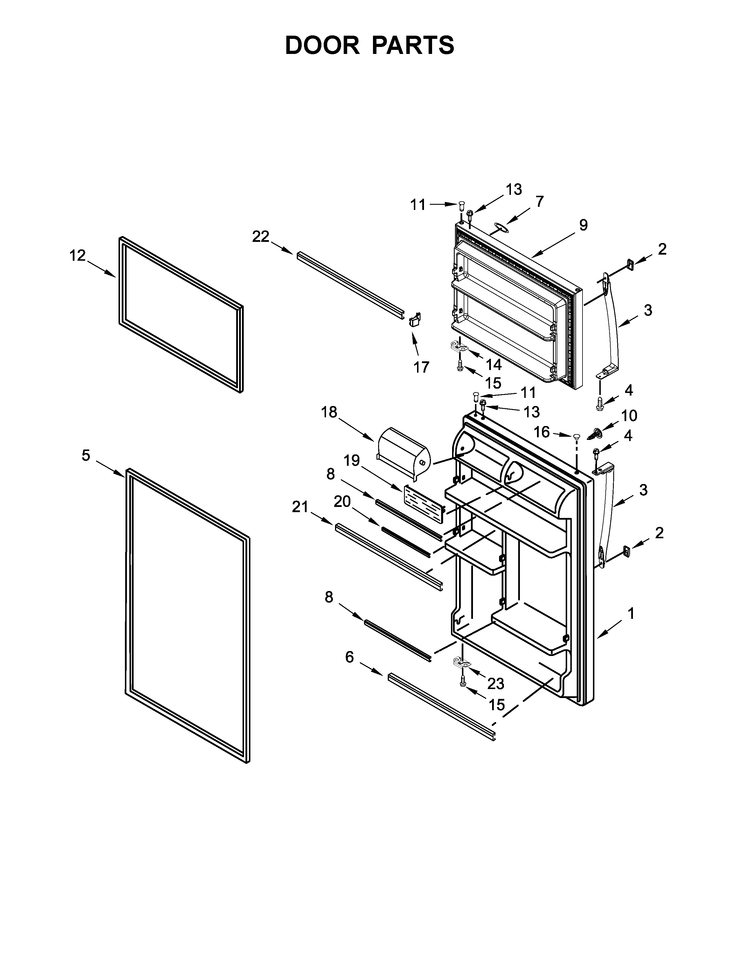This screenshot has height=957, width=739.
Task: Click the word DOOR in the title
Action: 322,45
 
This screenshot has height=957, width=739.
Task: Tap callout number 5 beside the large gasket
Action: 86,455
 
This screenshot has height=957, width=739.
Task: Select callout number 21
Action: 300,507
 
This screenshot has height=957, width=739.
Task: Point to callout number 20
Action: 342,501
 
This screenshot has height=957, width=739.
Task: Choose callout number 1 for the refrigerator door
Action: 631,614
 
